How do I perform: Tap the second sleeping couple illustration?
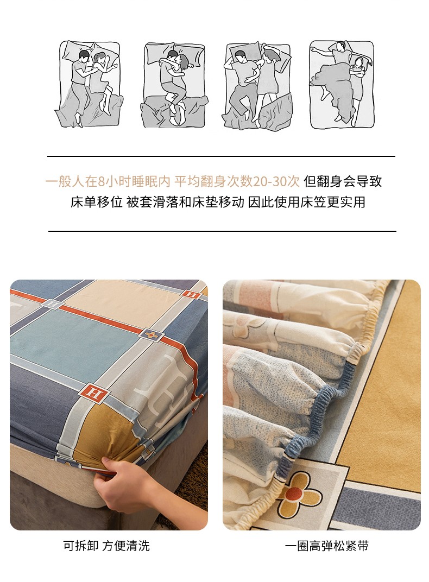coord(174,85)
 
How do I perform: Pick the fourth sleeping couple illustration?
coord(342,85)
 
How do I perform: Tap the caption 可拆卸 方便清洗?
coord(106,546)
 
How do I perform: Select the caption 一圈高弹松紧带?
coord(326,546)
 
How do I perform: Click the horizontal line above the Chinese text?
coord(221,156)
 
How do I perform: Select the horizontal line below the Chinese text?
coord(222,231)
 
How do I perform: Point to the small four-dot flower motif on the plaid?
coord(150,335)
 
